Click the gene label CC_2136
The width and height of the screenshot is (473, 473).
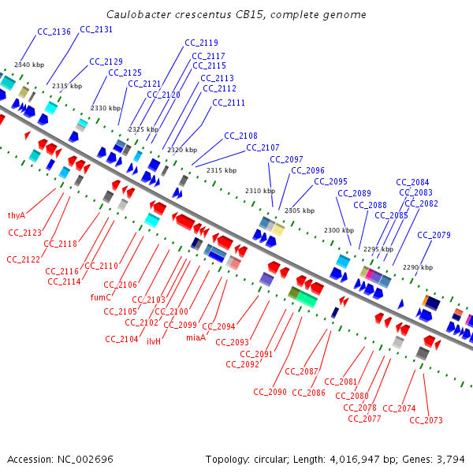pos(54,32)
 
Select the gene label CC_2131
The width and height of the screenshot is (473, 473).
pos(96,29)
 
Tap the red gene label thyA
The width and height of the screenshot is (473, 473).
pos(17,215)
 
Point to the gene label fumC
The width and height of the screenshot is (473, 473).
pos(100,297)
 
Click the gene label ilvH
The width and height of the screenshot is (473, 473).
pos(154,341)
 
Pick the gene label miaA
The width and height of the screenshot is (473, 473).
pos(195,337)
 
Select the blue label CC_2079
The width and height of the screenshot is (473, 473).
pos(434,235)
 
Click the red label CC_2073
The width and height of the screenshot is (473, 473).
pos(427,420)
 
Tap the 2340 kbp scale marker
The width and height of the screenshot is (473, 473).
pos(30,65)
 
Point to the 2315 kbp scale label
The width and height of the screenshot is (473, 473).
pos(222,170)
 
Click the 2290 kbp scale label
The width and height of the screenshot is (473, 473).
pos(418,267)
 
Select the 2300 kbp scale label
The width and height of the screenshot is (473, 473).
pos(339,230)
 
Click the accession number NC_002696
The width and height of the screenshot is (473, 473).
pos(85,459)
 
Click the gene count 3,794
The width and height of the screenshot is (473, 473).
pos(452,459)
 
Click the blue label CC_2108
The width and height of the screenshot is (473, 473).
pos(240,136)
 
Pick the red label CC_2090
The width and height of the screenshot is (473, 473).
pos(270,392)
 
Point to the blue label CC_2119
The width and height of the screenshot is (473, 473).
pos(201,43)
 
